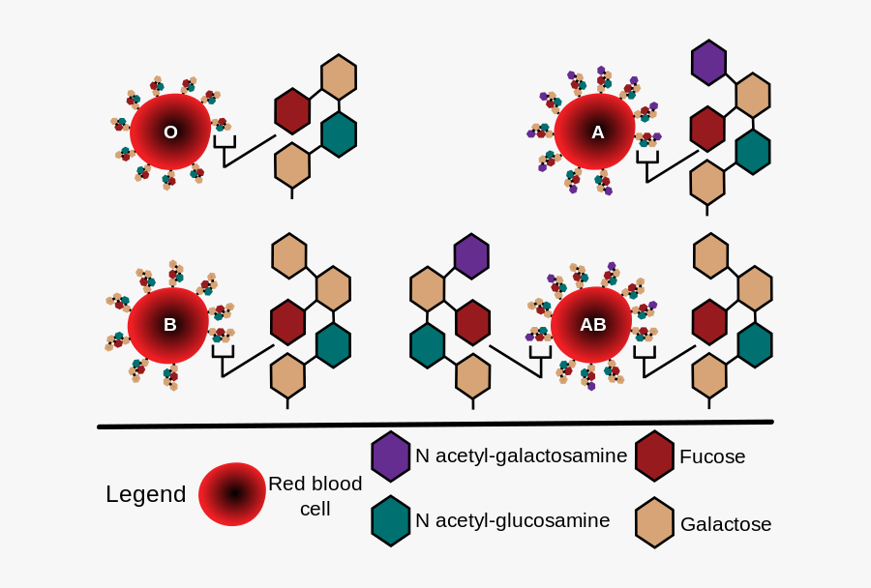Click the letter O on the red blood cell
tap(170, 132)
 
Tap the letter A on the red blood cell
tap(597, 132)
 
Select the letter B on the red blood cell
tap(169, 325)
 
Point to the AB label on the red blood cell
tap(592, 325)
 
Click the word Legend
tap(145, 494)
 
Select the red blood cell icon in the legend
tap(232, 494)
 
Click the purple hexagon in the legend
tap(390, 456)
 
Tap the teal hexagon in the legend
tap(390, 520)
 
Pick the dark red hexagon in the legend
tap(654, 456)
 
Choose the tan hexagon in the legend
tap(654, 522)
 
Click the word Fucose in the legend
tap(712, 456)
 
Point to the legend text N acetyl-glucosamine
tap(512, 520)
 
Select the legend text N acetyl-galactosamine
tap(521, 456)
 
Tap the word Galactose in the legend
tap(726, 524)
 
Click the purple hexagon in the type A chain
tap(708, 63)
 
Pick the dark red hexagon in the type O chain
tap(292, 110)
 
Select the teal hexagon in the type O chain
tap(338, 134)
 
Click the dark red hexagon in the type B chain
tap(288, 322)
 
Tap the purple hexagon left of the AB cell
tap(471, 256)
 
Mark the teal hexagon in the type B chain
tap(333, 345)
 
